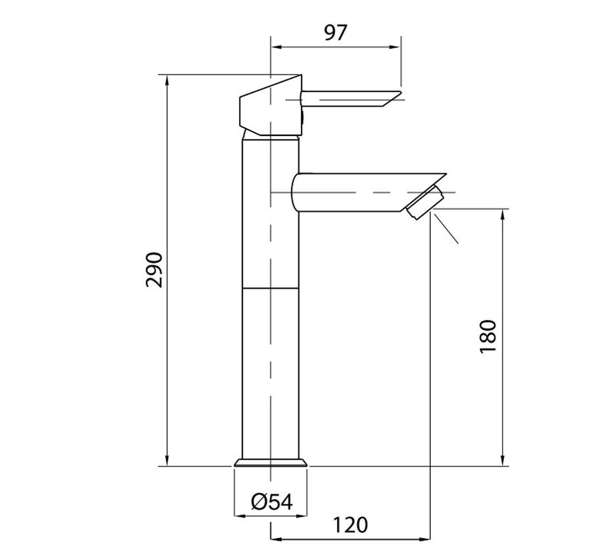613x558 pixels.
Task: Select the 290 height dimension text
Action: coord(154,270)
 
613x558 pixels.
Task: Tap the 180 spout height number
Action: coord(488,337)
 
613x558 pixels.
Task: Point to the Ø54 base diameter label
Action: coord(272,502)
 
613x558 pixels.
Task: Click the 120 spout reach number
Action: coord(351,525)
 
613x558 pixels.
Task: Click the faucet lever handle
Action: coord(351,99)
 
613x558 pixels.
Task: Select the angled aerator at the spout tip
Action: coord(425,203)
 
